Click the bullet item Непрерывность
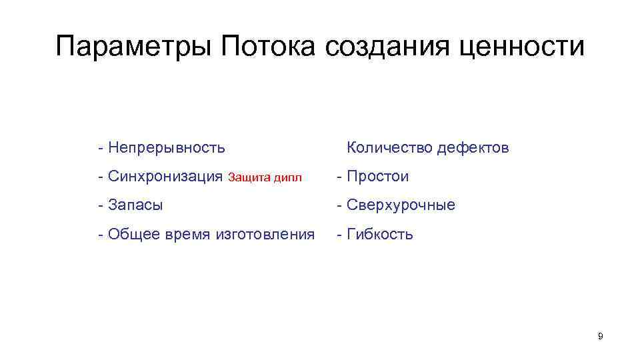pyautogui.click(x=166, y=147)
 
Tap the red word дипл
pyautogui.click(x=288, y=178)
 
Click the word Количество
pyautogui.click(x=389, y=147)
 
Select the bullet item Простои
pyautogui.click(x=377, y=176)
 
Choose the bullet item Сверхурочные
pyautogui.click(x=401, y=205)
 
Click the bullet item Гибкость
pyautogui.click(x=379, y=234)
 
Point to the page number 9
pyautogui.click(x=600, y=336)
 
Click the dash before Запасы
pyautogui.click(x=100, y=205)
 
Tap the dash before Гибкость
pyautogui.click(x=340, y=234)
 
